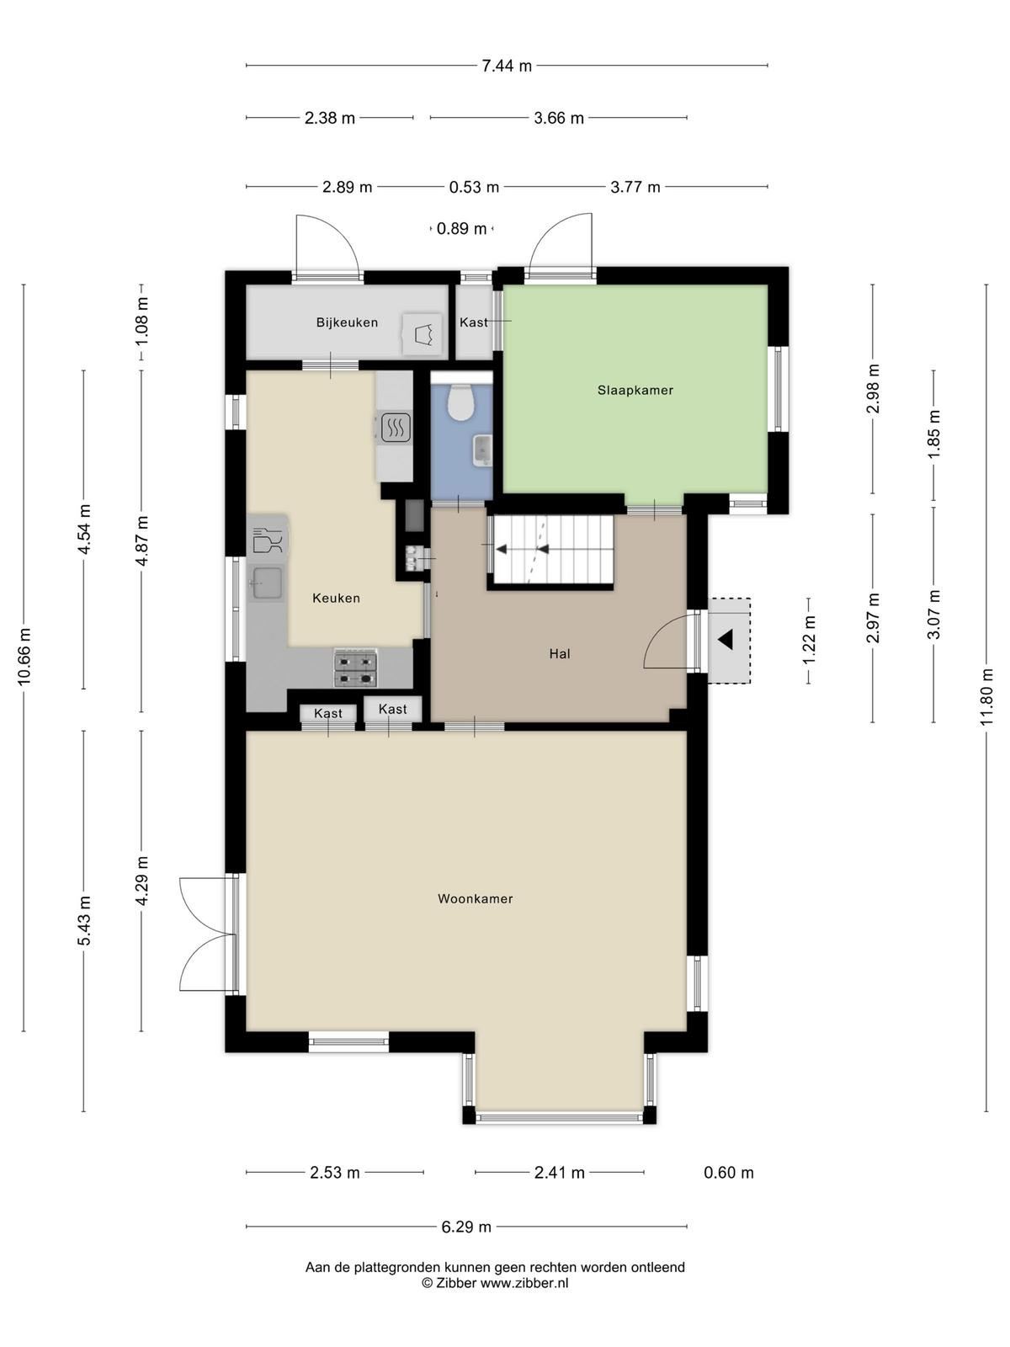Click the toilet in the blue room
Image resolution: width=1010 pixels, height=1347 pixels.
tap(460, 402)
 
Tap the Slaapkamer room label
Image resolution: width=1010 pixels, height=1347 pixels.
tap(635, 391)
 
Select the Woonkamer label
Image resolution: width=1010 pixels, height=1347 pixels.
tap(476, 899)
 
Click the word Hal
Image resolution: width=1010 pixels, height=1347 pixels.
tap(560, 654)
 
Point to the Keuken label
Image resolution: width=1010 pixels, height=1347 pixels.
tap(336, 599)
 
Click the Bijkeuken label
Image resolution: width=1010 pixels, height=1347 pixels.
tap(347, 322)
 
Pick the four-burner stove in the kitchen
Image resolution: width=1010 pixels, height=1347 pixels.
tap(355, 668)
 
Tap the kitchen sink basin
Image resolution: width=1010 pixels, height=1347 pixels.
tap(268, 583)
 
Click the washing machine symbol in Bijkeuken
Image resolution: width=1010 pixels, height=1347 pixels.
tap(422, 334)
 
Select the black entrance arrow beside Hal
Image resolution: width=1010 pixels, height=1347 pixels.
tap(726, 640)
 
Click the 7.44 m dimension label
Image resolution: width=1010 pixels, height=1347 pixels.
tap(507, 67)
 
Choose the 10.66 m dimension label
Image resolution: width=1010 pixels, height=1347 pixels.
tap(24, 657)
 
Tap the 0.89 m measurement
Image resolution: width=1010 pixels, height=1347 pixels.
tap(461, 229)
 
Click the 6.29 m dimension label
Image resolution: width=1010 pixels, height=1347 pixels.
tap(466, 1227)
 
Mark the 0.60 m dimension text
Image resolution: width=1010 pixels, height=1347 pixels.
tap(729, 1173)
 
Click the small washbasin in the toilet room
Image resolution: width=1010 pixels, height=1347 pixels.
tap(482, 449)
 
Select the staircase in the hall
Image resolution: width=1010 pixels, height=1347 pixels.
tap(551, 550)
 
